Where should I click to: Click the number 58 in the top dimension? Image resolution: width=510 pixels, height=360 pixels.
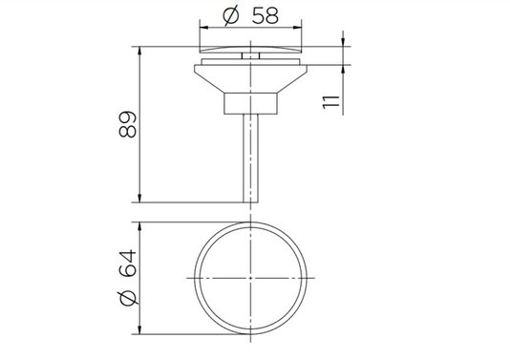(x=266, y=15)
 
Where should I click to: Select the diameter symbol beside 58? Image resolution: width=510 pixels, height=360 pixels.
(x=231, y=16)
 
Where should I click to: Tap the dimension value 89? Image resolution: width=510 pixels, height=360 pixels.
(x=128, y=124)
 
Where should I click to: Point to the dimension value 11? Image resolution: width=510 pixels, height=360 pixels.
(x=331, y=102)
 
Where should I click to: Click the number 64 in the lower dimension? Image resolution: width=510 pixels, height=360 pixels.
(x=128, y=264)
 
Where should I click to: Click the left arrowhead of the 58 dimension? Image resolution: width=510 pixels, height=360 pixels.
(x=204, y=28)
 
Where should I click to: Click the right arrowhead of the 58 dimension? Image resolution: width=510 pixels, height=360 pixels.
(x=297, y=28)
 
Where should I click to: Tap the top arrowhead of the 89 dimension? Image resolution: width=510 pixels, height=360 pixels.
(x=139, y=51)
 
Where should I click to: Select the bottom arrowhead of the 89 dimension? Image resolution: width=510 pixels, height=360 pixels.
(x=139, y=198)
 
